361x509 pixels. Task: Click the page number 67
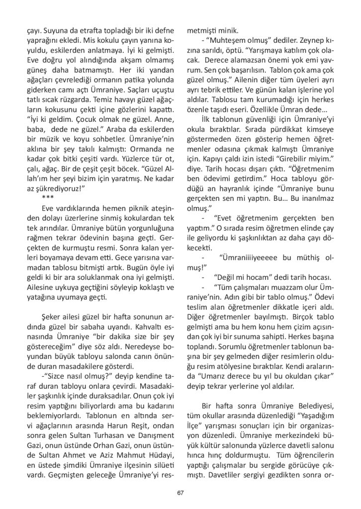tap(180, 493)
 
